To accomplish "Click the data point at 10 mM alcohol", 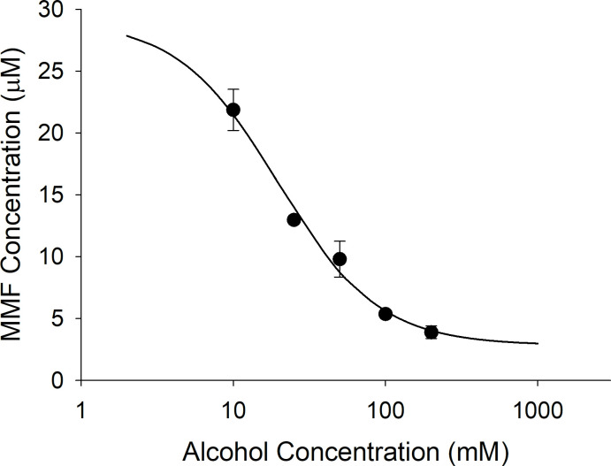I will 233,110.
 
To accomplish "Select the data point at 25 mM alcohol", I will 294,219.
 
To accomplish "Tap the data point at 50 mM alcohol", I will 340,259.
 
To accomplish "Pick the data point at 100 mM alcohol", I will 386,314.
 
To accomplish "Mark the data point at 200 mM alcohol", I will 432,332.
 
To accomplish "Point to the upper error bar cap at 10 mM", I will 233,89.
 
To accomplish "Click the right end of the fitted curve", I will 538,343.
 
